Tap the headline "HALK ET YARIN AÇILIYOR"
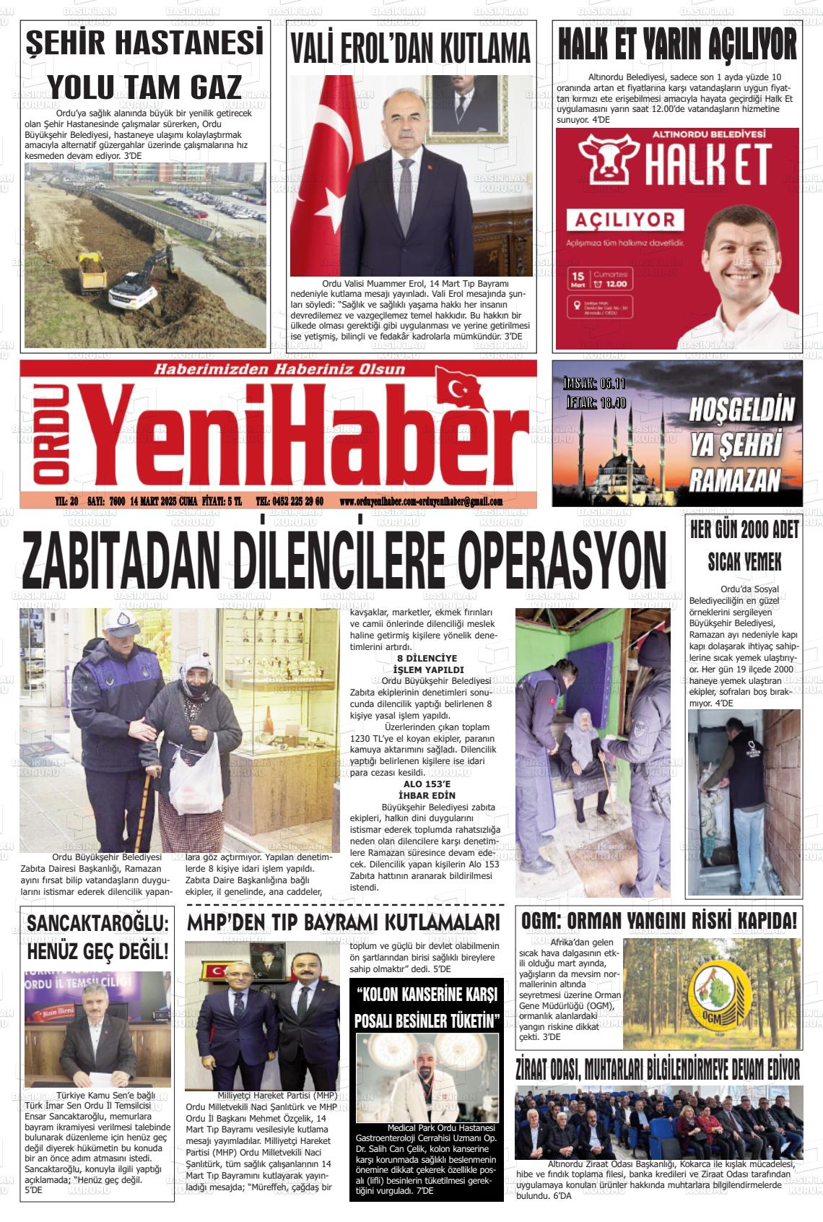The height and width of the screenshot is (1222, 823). tap(678, 45)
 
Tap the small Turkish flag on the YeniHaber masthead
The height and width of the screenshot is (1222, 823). tap(460, 391)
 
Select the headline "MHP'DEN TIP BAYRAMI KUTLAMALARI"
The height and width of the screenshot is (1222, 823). tap(343, 922)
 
